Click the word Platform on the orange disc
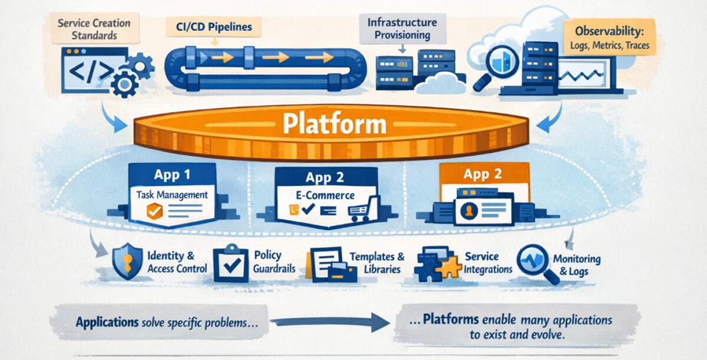tap(334, 124)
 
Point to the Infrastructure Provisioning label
tap(402, 28)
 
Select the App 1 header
tap(172, 175)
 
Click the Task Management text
tap(171, 194)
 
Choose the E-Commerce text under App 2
tap(325, 195)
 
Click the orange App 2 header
tap(483, 174)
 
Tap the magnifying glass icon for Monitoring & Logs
tap(535, 263)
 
